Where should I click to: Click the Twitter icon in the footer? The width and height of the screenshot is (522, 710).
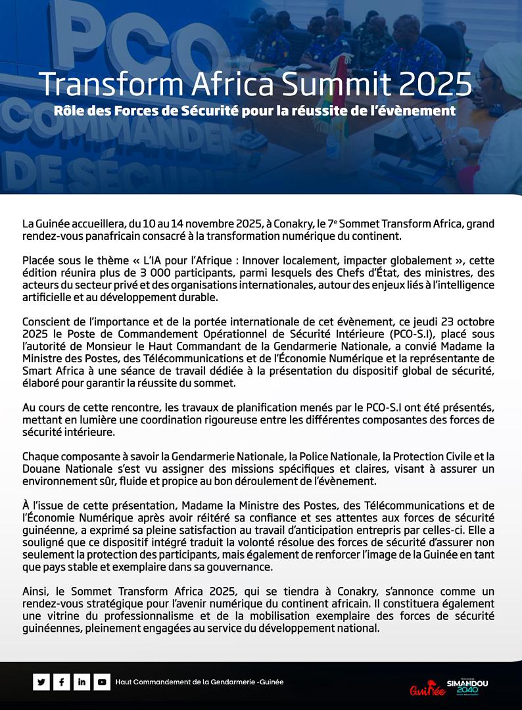pyautogui.click(x=41, y=682)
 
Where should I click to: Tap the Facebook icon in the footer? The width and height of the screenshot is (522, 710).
pyautogui.click(x=61, y=682)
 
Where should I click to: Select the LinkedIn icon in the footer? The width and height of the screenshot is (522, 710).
pyautogui.click(x=82, y=682)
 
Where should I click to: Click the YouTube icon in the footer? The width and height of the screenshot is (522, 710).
pyautogui.click(x=102, y=682)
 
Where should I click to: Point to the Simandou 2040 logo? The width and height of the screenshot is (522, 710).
pyautogui.click(x=467, y=687)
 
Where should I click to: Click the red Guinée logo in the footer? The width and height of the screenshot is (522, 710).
pyautogui.click(x=423, y=689)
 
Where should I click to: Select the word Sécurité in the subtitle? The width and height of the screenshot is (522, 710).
pyautogui.click(x=206, y=110)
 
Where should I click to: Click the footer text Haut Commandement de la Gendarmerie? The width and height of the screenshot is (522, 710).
pyautogui.click(x=199, y=682)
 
